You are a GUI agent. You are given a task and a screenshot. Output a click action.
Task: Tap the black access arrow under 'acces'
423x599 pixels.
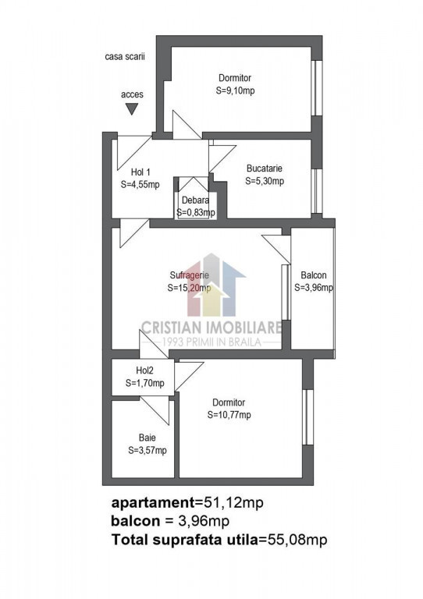[132, 110]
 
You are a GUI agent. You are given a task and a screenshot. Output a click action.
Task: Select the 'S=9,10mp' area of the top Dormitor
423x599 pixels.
[235, 90]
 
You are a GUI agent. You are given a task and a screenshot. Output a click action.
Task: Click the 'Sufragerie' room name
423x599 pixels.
[188, 275]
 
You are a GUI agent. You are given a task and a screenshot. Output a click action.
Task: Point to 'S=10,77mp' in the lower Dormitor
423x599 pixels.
[229, 415]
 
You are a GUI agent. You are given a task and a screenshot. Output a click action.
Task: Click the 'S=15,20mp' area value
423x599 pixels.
[188, 287]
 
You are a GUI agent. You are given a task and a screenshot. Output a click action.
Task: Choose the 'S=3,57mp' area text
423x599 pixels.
[147, 450]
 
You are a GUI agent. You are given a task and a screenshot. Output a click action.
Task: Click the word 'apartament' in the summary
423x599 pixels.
[153, 502]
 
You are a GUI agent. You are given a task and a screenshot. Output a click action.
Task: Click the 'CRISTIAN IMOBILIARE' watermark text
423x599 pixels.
[211, 328]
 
